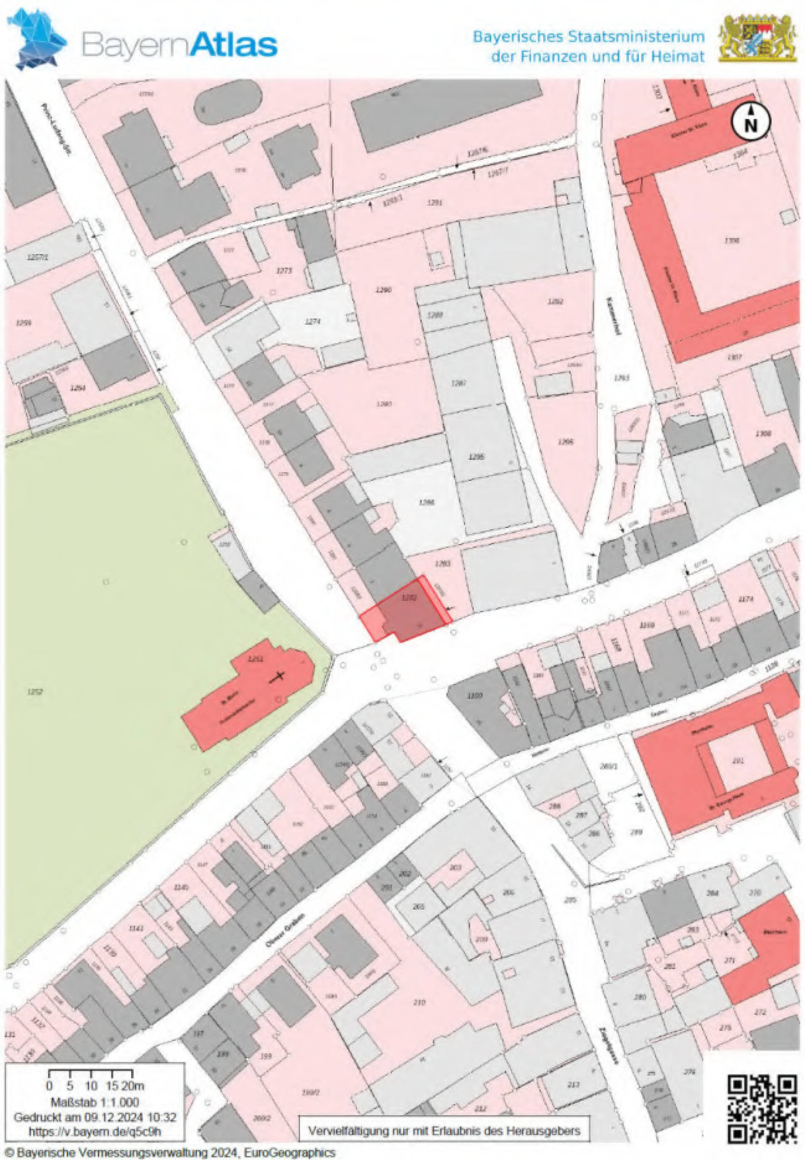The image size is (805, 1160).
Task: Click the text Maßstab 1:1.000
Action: [94, 1102]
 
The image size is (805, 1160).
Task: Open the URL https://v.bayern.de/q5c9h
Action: [94, 1132]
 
